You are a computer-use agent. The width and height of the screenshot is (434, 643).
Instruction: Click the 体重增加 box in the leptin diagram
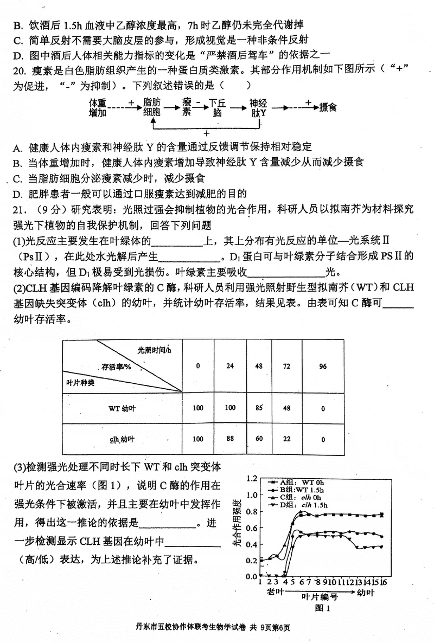[98, 107]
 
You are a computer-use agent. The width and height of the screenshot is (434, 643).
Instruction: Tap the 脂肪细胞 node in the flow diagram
[152, 107]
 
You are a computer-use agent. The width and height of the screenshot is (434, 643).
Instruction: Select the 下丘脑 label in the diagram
[217, 107]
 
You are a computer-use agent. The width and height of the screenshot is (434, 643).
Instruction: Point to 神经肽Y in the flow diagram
[258, 107]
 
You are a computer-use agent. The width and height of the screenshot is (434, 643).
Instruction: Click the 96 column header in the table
[323, 366]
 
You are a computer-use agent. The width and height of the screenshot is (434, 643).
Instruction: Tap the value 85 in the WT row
[259, 407]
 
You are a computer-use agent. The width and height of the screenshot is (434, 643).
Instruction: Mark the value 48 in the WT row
[287, 407]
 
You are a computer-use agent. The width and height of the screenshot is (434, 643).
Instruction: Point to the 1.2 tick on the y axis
[251, 479]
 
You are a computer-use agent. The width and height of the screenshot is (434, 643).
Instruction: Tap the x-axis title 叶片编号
[320, 596]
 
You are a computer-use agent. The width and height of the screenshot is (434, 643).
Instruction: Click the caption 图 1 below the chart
[323, 609]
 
